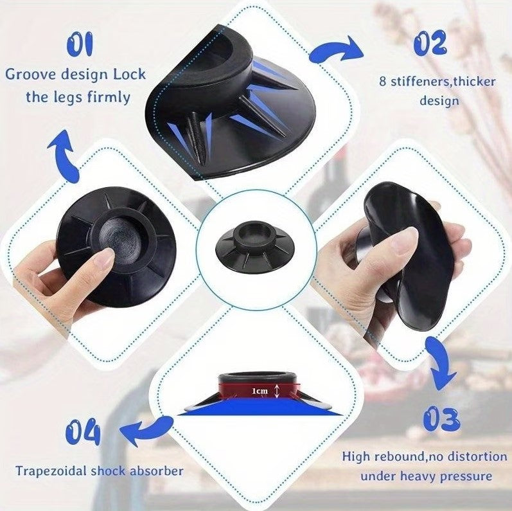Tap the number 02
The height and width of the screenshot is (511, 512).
coord(430,42)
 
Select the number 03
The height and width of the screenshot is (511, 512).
coord(441,418)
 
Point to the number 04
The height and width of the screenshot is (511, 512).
coord(83,433)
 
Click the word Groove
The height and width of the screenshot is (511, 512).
coord(31,75)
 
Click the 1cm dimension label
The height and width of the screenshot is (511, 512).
coord(260,391)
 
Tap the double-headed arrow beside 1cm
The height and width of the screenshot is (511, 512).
coord(277,391)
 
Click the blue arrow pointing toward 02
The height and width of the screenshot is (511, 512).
coord(337,49)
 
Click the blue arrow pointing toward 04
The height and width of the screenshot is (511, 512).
coord(146,430)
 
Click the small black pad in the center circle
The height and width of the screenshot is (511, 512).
coord(255,247)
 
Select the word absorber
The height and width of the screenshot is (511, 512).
coord(156,471)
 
